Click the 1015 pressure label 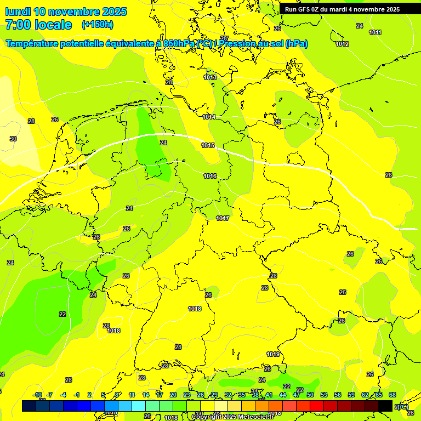click(208, 145)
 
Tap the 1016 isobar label click(210, 176)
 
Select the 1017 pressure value click(222, 218)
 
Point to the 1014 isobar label click(209, 117)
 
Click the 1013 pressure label click(210, 77)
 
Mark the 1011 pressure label click(375, 32)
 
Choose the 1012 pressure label click(342, 44)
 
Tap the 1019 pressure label click(274, 355)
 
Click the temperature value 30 click(13, 139)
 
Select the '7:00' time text click(21, 25)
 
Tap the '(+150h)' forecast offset click(98, 25)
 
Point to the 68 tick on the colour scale click(392, 395)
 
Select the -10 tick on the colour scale click(37, 395)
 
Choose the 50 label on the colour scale click(310, 395)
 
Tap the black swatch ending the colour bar click(385, 406)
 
